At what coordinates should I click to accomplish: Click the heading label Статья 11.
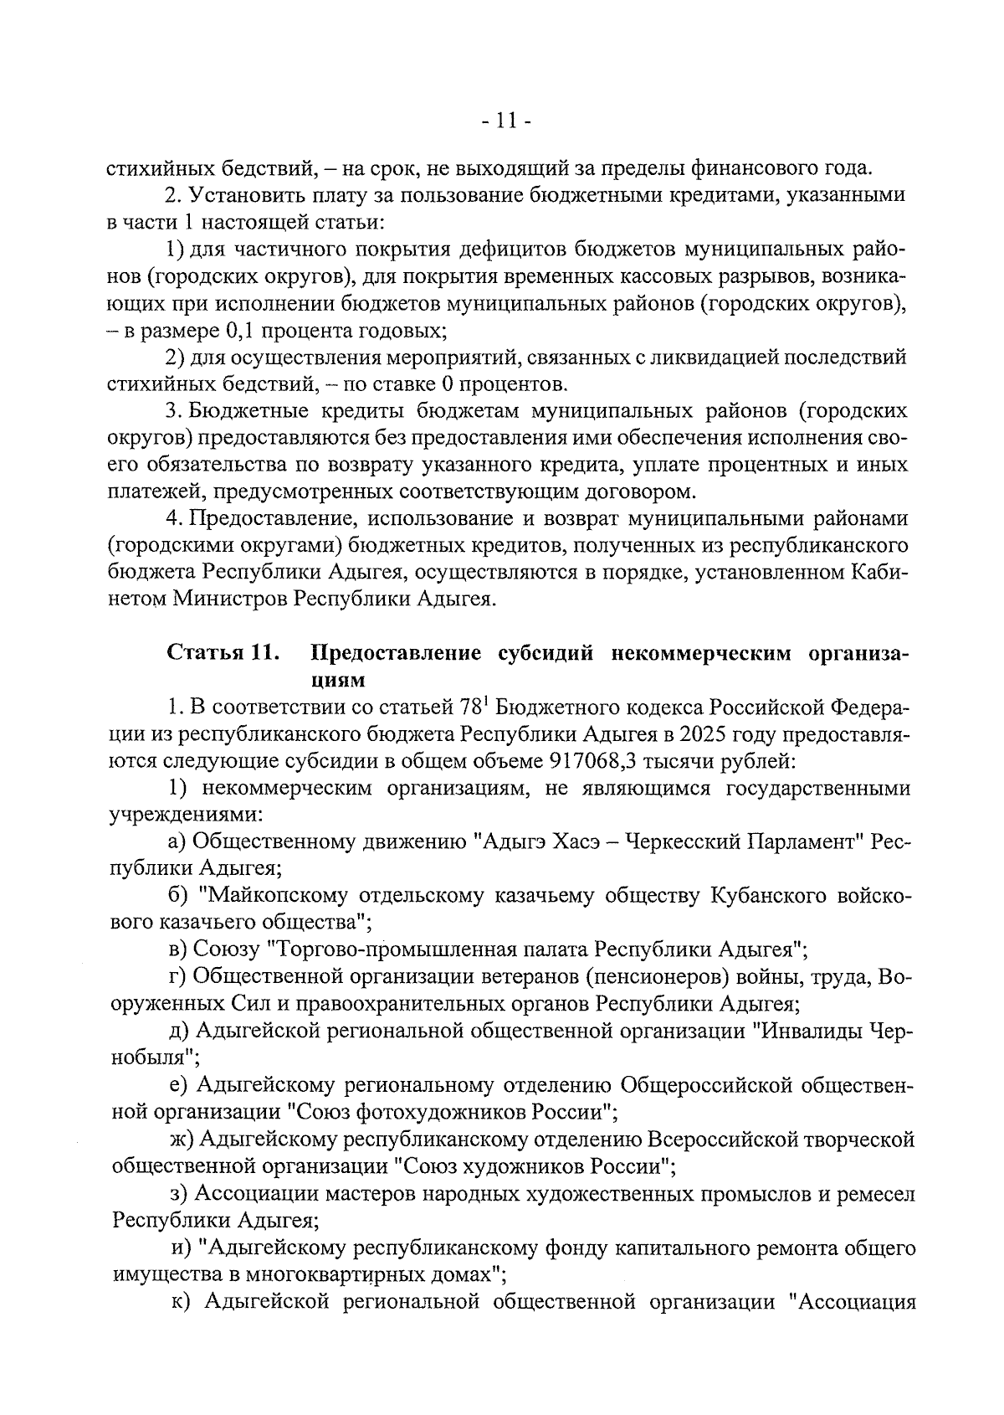click(x=223, y=653)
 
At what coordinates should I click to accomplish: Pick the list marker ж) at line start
click(x=182, y=1140)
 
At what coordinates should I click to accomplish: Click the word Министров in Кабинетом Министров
click(x=229, y=599)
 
